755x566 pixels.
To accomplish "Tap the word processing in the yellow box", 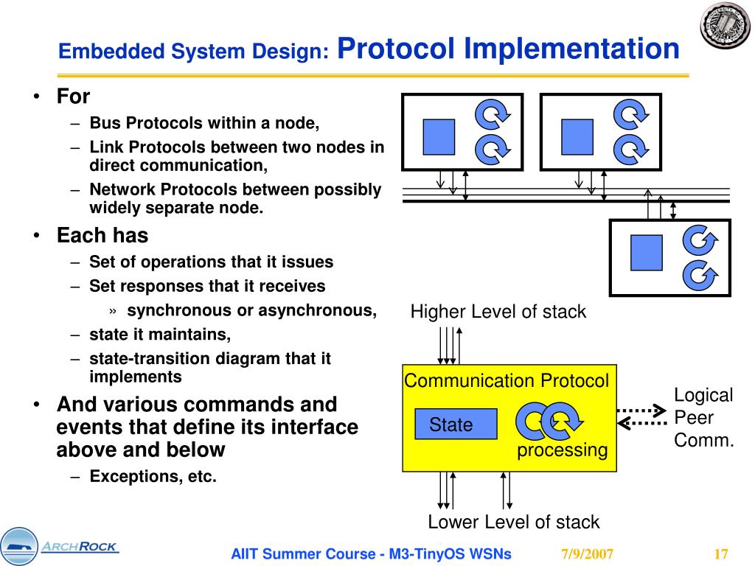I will click(562, 450).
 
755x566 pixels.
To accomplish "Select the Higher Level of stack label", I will click(498, 312).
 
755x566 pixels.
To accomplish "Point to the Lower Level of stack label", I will click(513, 523).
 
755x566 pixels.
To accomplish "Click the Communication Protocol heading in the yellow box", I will click(507, 381).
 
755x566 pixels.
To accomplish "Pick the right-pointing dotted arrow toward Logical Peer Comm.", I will click(641, 409).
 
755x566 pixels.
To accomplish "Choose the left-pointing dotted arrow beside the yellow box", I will click(641, 423).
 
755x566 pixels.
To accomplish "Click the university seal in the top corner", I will click(724, 26).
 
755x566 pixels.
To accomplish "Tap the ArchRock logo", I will click(59, 547).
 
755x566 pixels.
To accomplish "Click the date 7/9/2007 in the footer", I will click(587, 554).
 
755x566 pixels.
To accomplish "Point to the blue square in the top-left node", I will click(439, 136).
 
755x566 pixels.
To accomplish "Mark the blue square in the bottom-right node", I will click(647, 252).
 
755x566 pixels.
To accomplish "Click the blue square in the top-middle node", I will click(577, 136).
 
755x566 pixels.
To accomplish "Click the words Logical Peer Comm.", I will click(704, 418).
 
